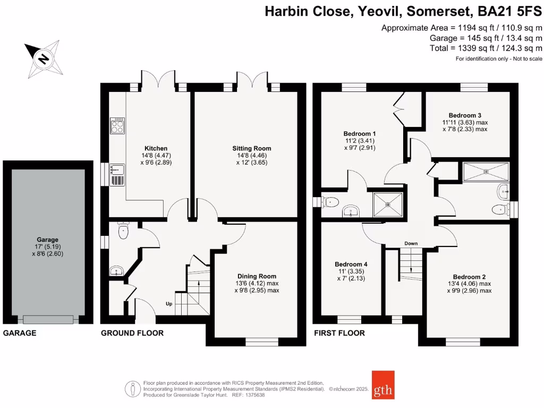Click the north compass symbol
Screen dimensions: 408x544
point(44,58)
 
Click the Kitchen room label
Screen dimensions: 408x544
point(156,148)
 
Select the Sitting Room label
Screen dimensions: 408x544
point(252,148)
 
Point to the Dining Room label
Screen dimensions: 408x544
point(257,276)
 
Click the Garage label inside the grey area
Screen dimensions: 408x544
point(47,240)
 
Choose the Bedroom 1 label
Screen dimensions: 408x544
point(359,133)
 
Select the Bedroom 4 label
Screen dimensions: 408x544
point(351,264)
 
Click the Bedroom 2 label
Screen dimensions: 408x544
point(469,277)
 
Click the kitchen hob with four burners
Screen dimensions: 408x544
point(117,125)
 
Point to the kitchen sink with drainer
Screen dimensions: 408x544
point(117,175)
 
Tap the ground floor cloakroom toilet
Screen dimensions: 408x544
point(123,229)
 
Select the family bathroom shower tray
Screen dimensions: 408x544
point(486,171)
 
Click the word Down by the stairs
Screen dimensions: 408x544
point(411,243)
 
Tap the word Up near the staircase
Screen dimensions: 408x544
point(169,304)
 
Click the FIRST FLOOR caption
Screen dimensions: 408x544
point(339,333)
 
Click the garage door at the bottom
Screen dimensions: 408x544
point(48,319)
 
